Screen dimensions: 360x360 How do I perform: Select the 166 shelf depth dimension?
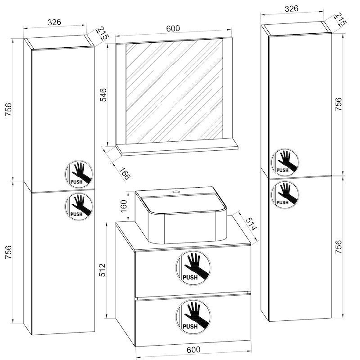pyautogui.click(x=125, y=173)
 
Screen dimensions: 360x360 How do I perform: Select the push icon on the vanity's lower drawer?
pyautogui.click(x=194, y=316)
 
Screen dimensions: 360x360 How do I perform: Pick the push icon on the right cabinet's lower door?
pyautogui.click(x=285, y=193)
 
